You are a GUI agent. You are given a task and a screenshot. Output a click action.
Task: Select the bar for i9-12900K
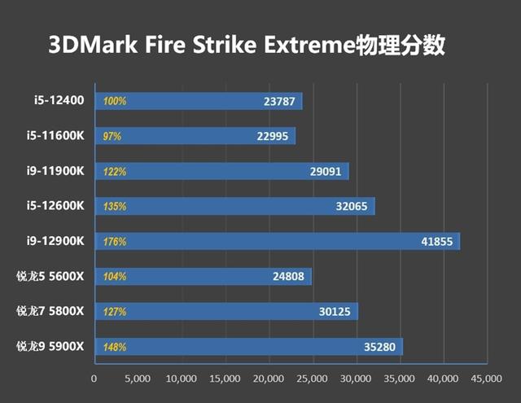(x=277, y=242)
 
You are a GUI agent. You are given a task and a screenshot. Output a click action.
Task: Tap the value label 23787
(x=280, y=102)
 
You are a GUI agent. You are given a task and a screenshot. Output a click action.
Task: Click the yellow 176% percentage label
(x=114, y=242)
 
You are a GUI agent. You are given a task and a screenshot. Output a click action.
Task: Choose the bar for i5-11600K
(x=195, y=137)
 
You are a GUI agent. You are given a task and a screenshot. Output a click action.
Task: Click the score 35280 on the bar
(x=380, y=348)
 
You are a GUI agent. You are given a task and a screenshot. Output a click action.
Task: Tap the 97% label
(x=112, y=137)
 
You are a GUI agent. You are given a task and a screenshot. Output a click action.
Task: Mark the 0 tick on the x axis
(x=94, y=379)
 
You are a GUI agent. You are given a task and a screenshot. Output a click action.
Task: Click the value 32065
(x=352, y=207)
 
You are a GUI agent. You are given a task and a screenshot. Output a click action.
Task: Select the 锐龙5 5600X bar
(x=204, y=277)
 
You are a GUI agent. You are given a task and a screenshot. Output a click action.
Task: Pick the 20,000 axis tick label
(x=269, y=379)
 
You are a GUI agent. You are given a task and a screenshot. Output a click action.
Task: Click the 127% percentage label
(x=114, y=312)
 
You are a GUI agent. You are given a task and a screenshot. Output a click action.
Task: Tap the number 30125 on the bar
(x=335, y=312)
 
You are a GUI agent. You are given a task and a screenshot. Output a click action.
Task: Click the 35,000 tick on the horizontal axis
(x=400, y=379)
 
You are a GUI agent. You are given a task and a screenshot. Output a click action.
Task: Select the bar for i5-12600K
(x=234, y=207)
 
